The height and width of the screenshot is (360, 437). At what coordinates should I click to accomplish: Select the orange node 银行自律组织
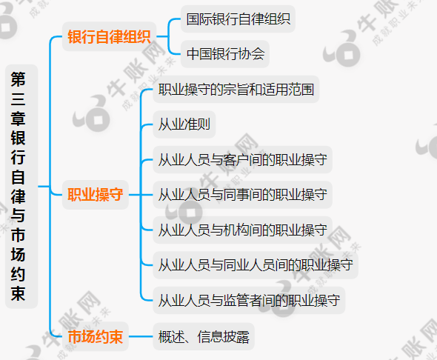pyautogui.click(x=109, y=36)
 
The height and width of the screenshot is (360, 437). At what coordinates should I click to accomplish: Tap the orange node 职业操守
pyautogui.click(x=95, y=195)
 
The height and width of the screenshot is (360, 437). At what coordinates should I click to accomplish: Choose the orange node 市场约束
pyautogui.click(x=95, y=336)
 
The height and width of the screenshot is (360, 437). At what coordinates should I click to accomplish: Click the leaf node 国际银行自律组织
pyautogui.click(x=238, y=19)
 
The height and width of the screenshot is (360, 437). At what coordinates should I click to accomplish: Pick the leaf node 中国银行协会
pyautogui.click(x=225, y=54)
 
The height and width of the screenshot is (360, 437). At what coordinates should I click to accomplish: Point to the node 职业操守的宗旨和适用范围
pyautogui.click(x=236, y=90)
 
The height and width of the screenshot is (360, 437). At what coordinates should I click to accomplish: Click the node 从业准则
pyautogui.click(x=184, y=124)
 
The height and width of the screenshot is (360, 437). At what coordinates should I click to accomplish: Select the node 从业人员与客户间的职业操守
pyautogui.click(x=242, y=160)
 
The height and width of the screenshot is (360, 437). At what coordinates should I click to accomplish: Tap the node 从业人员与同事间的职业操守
pyautogui.click(x=242, y=195)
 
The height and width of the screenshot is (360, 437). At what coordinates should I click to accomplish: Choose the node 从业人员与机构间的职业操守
pyautogui.click(x=242, y=230)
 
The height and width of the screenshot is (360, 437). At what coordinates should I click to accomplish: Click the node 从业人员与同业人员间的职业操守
pyautogui.click(x=256, y=265)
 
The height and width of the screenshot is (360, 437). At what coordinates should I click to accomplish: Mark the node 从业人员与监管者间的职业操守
pyautogui.click(x=249, y=301)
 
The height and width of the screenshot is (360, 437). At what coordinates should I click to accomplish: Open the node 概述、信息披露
pyautogui.click(x=204, y=336)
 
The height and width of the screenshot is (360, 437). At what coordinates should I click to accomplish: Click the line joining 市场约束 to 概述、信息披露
pyautogui.click(x=141, y=336)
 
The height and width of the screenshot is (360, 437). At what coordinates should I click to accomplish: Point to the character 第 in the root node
pyautogui.click(x=18, y=79)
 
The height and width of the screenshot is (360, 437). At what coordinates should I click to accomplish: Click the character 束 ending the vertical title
pyautogui.click(x=18, y=293)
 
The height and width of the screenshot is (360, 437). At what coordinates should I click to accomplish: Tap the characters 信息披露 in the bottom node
pyautogui.click(x=223, y=336)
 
